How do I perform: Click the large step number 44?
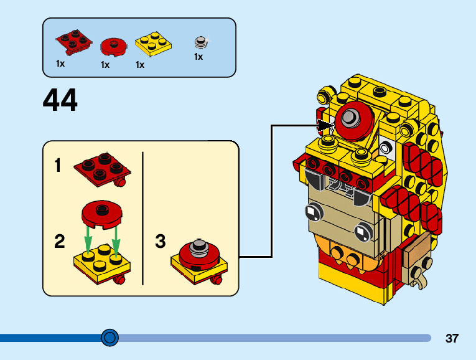click(60, 100)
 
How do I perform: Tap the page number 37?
click(452, 339)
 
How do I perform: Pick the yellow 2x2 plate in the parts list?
click(153, 43)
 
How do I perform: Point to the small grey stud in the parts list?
click(200, 42)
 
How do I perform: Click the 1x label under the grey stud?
click(198, 57)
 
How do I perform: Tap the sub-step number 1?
click(58, 166)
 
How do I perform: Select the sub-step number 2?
click(59, 242)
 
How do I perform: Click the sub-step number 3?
click(161, 242)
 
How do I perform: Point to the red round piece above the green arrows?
click(101, 213)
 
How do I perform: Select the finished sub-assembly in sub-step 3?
click(198, 260)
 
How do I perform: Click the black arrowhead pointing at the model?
click(326, 126)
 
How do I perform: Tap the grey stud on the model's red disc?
click(350, 116)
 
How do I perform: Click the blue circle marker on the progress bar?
click(110, 338)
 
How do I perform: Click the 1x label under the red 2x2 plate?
click(60, 64)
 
